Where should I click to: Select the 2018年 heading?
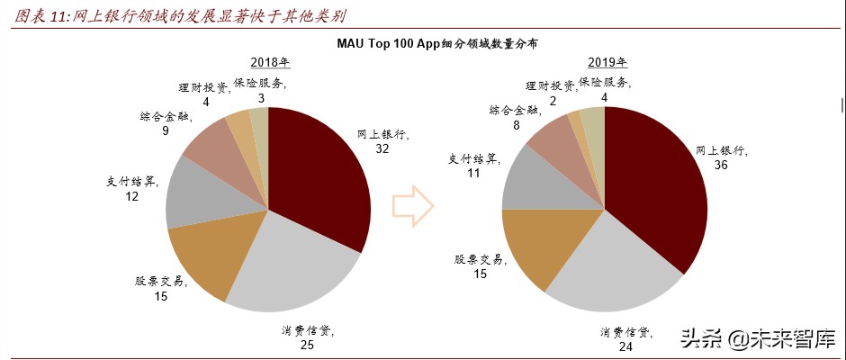pos(269,62)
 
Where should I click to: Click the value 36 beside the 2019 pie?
pos(722,166)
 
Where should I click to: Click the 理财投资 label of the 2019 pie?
pos(550,85)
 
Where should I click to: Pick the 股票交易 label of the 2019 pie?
pos(479,259)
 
